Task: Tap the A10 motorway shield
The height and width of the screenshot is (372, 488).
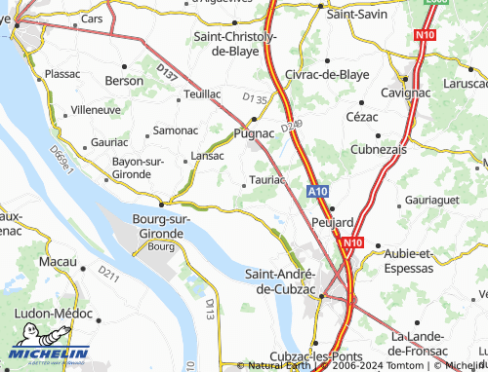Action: click(318, 193)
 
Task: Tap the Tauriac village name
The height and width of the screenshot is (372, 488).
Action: click(266, 180)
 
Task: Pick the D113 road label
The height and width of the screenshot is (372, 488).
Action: click(209, 309)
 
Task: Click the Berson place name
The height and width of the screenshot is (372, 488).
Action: click(124, 81)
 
